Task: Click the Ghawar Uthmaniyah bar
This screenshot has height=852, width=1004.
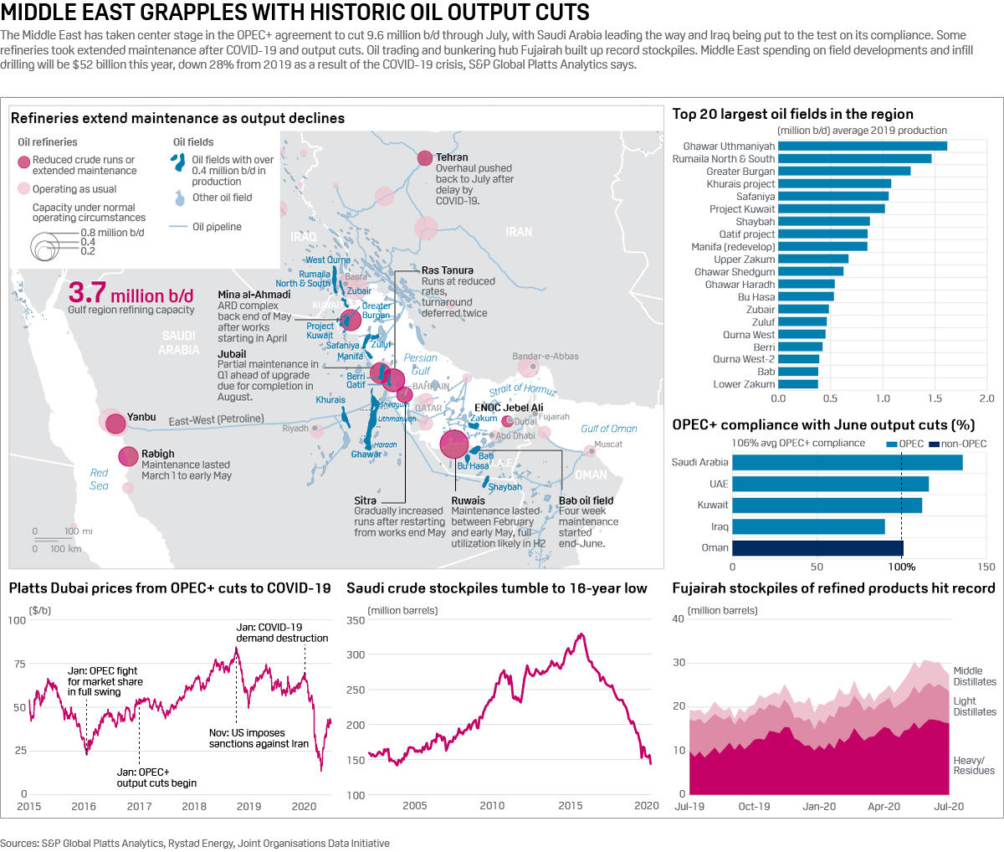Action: click(x=862, y=146)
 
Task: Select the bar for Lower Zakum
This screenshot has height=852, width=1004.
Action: click(x=798, y=384)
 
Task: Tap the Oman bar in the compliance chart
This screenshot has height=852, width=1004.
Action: click(x=817, y=548)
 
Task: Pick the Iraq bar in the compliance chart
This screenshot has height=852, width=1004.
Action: click(x=808, y=526)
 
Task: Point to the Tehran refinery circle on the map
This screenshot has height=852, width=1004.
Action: click(x=425, y=157)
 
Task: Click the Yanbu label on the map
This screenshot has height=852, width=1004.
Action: click(x=141, y=417)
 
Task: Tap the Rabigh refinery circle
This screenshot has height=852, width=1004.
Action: click(x=128, y=456)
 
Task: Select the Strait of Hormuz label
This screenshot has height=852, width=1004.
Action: click(x=523, y=388)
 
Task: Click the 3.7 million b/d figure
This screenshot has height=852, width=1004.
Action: click(x=131, y=295)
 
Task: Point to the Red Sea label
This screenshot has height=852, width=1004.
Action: click(x=99, y=479)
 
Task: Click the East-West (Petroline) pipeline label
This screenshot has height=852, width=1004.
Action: click(x=216, y=419)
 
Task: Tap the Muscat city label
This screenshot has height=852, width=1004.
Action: click(x=608, y=444)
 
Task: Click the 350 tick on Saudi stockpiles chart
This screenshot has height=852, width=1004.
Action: click(x=356, y=620)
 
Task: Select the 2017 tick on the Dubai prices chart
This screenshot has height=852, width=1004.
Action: click(x=139, y=806)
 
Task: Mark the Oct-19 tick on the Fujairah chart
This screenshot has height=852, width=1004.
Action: click(x=754, y=806)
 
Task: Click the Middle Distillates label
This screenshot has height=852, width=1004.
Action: click(x=975, y=676)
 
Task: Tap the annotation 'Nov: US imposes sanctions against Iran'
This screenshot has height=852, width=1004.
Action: click(x=259, y=738)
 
